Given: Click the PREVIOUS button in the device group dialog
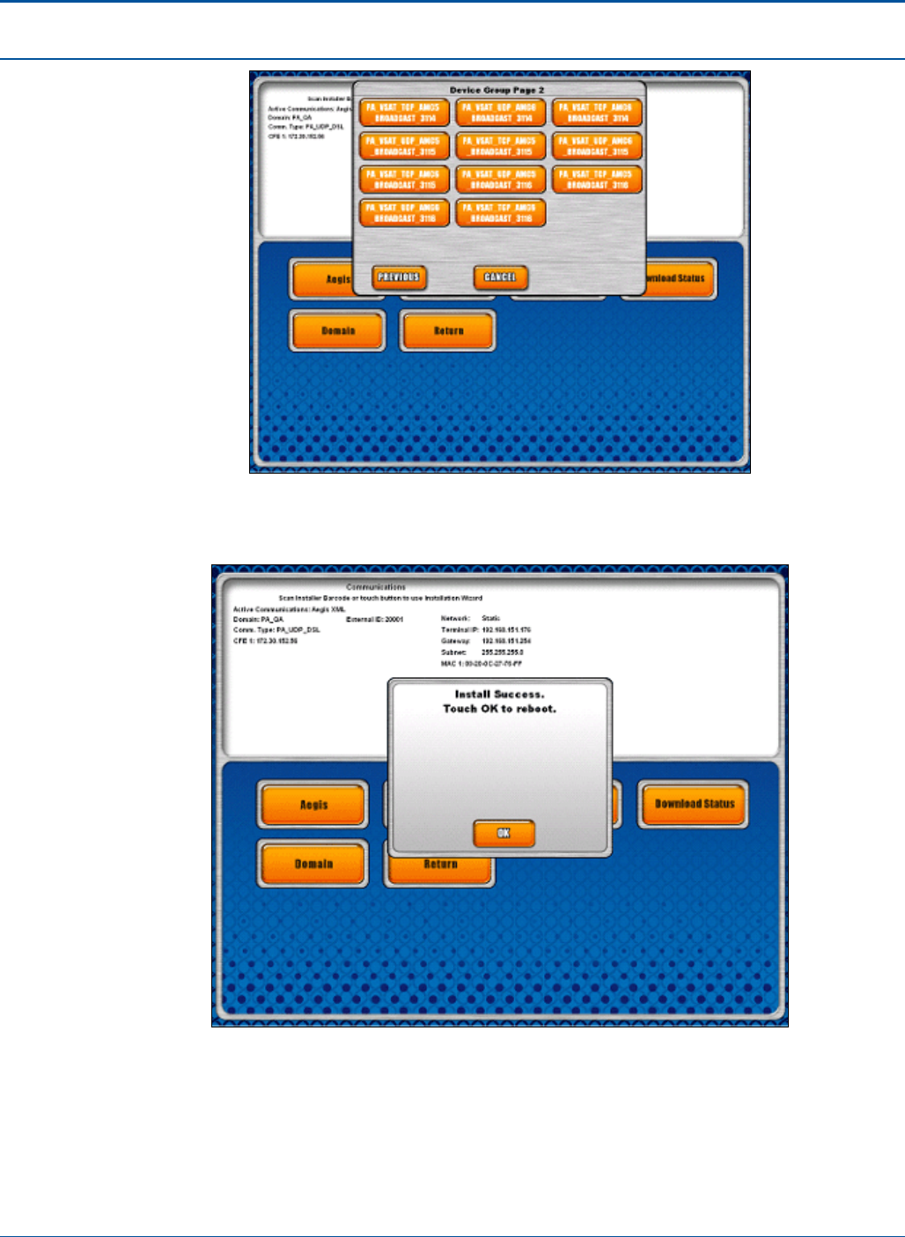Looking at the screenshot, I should click(x=399, y=277).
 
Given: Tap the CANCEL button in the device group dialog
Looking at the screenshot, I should click(x=500, y=277).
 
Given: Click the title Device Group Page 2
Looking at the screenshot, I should click(x=497, y=91).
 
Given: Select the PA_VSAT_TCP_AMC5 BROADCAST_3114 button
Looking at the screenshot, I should click(x=404, y=113).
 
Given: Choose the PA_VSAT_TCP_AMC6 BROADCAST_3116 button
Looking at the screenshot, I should click(x=501, y=213).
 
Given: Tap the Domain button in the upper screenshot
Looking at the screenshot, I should click(x=337, y=331).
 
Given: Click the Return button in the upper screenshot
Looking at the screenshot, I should click(x=448, y=331).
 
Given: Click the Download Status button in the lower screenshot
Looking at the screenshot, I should click(x=694, y=804).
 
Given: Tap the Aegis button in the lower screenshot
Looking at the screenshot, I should click(x=313, y=805).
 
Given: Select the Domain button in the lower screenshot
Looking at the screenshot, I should click(x=313, y=864).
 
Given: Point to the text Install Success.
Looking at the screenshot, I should click(x=499, y=695).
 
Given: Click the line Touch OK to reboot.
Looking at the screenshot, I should click(x=499, y=709).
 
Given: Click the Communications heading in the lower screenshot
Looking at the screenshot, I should click(x=376, y=587).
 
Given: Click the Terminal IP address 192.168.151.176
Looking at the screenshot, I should click(x=506, y=630).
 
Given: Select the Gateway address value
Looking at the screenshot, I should click(x=506, y=642).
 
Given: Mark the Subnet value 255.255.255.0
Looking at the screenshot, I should click(x=503, y=652).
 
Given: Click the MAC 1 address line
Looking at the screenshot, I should click(x=482, y=664).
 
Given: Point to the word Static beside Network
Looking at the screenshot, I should click(x=491, y=619).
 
